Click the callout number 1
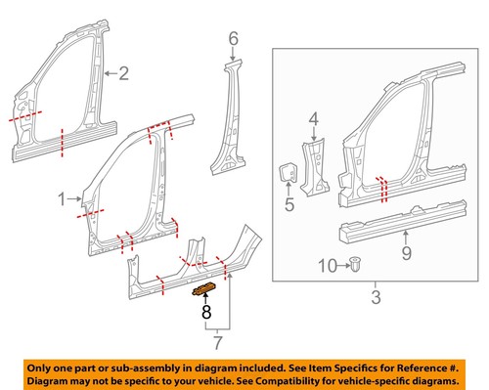63,198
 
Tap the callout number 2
122,71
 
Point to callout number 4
315,120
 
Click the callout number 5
289,204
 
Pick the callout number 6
233,39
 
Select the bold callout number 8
206,313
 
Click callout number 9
407,257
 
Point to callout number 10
328,265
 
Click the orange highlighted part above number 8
205,287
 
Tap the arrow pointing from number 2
108,71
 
